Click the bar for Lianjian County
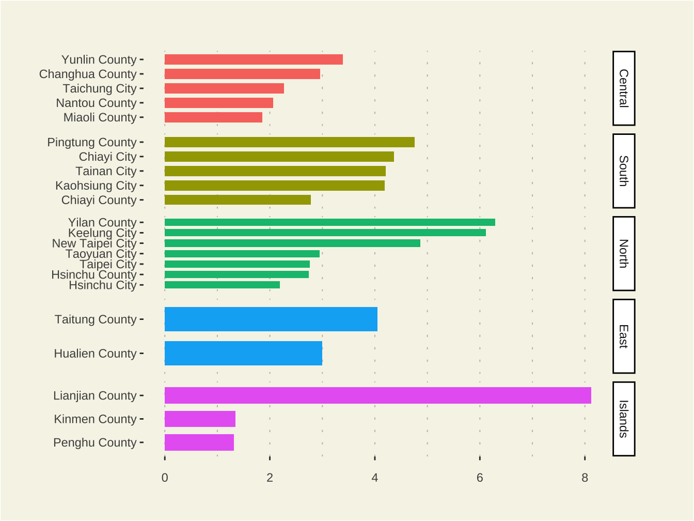(x=377, y=395)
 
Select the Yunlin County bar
(x=254, y=59)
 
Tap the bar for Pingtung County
(x=289, y=142)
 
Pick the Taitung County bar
(x=271, y=319)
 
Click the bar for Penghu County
(x=199, y=442)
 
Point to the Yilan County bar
(x=329, y=222)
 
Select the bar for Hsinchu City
(x=222, y=285)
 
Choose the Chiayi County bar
(x=238, y=200)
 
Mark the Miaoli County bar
(x=213, y=117)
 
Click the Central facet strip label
(x=624, y=88)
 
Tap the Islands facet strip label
(x=624, y=419)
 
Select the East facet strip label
(x=624, y=336)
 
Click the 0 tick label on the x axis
(x=165, y=478)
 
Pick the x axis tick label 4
(x=375, y=478)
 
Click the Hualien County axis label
(x=96, y=354)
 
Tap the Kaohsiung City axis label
(x=96, y=186)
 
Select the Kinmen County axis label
(x=96, y=419)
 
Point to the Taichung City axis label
(x=100, y=88)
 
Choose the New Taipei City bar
(x=292, y=243)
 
